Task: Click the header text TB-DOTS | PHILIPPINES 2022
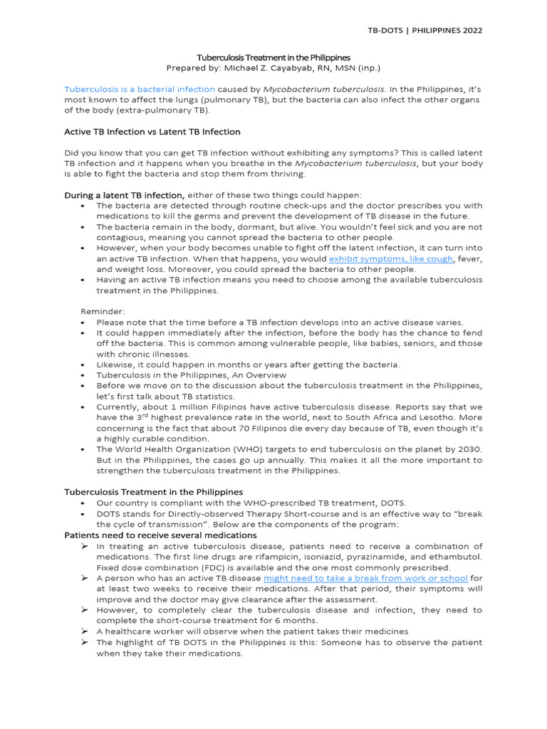pyautogui.click(x=424, y=31)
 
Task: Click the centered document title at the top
pyautogui.click(x=273, y=57)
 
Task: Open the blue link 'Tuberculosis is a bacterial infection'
pyautogui.click(x=140, y=89)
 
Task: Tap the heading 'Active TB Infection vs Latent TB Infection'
pyautogui.click(x=152, y=132)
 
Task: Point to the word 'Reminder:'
pyautogui.click(x=102, y=312)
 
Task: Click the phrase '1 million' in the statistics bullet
pyautogui.click(x=179, y=407)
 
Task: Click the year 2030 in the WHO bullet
pyautogui.click(x=467, y=449)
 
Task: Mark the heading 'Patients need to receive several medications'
pyautogui.click(x=160, y=535)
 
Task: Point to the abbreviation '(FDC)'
pyautogui.click(x=214, y=567)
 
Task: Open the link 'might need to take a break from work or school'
pyautogui.click(x=365, y=578)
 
